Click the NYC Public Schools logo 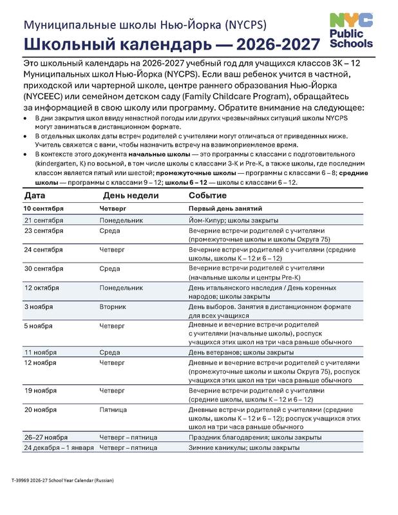point(350,31)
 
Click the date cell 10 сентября point(44,209)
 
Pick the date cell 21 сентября point(44,220)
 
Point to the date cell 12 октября point(42,288)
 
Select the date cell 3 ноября point(38,307)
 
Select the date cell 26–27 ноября point(46,437)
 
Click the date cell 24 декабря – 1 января point(59,447)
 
